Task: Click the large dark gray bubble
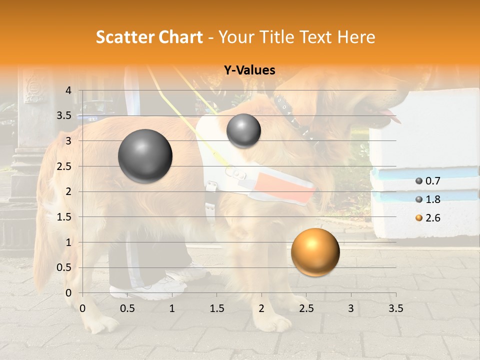pyautogui.click(x=145, y=156)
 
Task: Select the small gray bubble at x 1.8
pyautogui.click(x=243, y=130)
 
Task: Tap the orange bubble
pyautogui.click(x=315, y=252)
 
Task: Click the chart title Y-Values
pyautogui.click(x=249, y=70)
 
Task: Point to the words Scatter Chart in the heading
pyautogui.click(x=149, y=37)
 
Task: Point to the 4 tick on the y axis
pyautogui.click(x=68, y=90)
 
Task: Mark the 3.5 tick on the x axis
pyautogui.click(x=395, y=308)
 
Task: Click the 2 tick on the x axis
pyautogui.click(x=261, y=308)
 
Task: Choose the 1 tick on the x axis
pyautogui.click(x=172, y=308)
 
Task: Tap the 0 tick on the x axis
pyautogui.click(x=82, y=308)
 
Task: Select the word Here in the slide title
pyautogui.click(x=356, y=37)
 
